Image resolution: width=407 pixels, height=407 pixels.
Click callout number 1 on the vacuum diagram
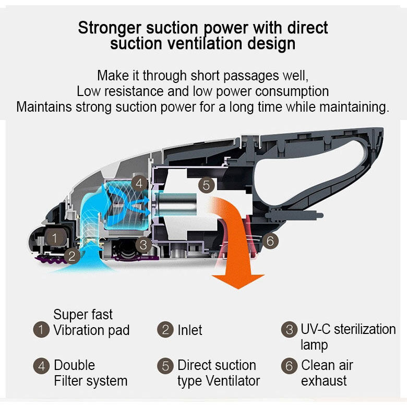(x=54, y=238)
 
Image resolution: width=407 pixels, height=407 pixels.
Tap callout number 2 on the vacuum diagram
(x=72, y=256)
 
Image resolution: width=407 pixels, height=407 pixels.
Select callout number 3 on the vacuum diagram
(x=143, y=245)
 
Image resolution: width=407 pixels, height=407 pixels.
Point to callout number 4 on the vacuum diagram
(x=139, y=183)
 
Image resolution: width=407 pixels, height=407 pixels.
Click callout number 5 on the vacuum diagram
(x=206, y=185)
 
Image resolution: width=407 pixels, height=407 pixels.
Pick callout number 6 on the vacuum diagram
(x=270, y=241)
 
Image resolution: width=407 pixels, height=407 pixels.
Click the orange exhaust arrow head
(x=238, y=282)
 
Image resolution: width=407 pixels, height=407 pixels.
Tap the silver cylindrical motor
(x=176, y=204)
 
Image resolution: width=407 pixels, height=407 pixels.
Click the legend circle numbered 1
(x=41, y=330)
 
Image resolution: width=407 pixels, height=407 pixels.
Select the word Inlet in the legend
(x=190, y=330)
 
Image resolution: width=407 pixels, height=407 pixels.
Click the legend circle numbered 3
(x=289, y=330)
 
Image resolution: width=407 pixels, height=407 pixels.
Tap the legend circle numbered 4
(x=41, y=366)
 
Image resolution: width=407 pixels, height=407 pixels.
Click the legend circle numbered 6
(x=289, y=366)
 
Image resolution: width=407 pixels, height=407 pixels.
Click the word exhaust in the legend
(x=324, y=381)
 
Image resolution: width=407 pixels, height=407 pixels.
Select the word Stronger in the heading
(x=110, y=28)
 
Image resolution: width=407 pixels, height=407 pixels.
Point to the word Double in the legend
(x=74, y=365)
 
